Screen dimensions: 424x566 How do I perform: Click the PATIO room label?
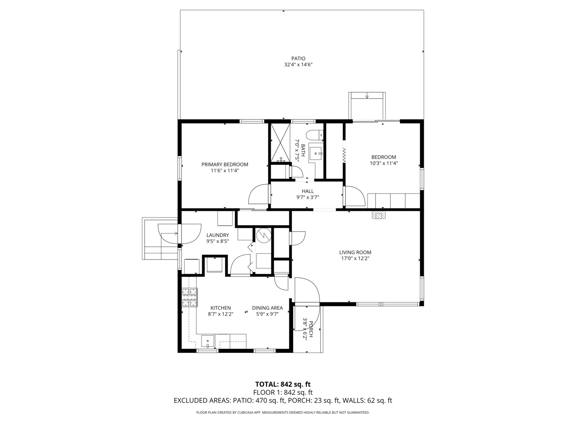click(x=298, y=58)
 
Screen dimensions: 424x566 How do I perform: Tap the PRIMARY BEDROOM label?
click(x=225, y=164)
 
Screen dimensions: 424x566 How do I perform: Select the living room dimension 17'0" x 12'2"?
click(x=355, y=258)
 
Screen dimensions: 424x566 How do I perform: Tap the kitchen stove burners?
click(x=189, y=297)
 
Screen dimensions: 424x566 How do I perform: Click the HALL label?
click(x=308, y=191)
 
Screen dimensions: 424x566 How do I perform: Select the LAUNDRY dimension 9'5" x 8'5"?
click(x=218, y=241)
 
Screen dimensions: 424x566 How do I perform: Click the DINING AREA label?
click(x=267, y=308)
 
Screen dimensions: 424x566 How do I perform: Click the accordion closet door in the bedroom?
click(x=344, y=156)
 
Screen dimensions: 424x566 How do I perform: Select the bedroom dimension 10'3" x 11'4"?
click(x=384, y=163)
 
